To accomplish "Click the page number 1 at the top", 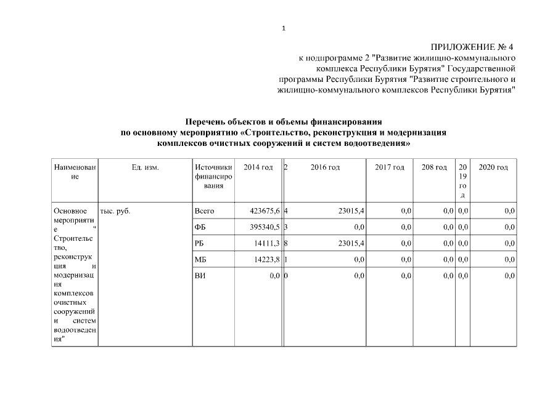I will click(283, 28).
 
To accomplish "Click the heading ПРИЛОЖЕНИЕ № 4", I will click(471, 47).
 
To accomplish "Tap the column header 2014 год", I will click(258, 167).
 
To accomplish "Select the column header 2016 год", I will click(325, 167).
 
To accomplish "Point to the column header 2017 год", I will click(390, 167).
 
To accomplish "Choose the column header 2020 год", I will click(493, 167).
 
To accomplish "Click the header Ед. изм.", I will click(146, 167).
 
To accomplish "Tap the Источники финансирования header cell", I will click(213, 176).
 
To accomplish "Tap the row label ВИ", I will click(200, 276).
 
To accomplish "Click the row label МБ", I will click(200, 260).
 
